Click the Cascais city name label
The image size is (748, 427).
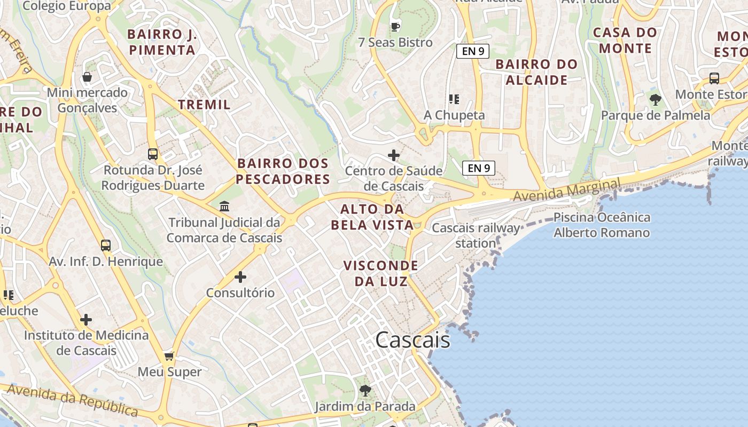point(412,340)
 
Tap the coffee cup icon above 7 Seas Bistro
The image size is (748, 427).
point(395,27)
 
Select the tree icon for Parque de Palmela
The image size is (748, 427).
point(655,99)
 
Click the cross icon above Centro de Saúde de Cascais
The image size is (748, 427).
point(394,155)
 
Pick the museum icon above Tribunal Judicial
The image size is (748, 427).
point(224,206)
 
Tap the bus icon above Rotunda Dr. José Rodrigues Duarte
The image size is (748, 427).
point(153,154)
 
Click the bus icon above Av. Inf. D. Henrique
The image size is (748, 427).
point(106,246)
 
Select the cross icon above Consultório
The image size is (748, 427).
point(240,277)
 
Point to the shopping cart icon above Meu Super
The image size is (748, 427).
point(169,356)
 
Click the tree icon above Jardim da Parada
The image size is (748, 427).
point(365,391)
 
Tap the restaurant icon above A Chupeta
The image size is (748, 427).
point(454,99)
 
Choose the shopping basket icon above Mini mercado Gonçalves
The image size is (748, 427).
point(87,77)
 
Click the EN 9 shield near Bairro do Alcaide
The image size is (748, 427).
point(473,51)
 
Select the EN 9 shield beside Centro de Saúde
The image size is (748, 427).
point(479,168)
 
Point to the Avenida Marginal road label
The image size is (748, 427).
point(566,191)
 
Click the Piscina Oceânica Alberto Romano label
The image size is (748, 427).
point(602,225)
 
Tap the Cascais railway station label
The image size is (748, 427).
point(476,235)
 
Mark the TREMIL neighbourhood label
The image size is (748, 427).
point(205,105)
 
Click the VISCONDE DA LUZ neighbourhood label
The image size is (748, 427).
point(380,273)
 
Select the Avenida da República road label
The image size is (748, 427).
point(72,400)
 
